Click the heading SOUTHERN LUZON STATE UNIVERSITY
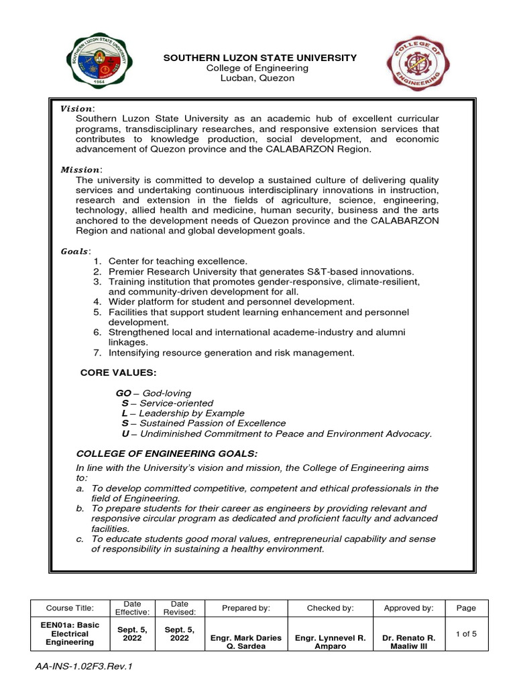click(x=260, y=58)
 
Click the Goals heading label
click(x=75, y=251)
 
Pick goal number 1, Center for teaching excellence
click(x=178, y=261)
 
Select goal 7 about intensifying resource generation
click(x=231, y=352)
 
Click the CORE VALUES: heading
click(x=119, y=372)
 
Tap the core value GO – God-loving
click(x=154, y=393)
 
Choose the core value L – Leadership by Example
click(x=183, y=413)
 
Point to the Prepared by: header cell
click(x=245, y=608)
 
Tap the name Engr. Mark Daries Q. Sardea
click(x=245, y=642)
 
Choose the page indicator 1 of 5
click(x=465, y=633)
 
